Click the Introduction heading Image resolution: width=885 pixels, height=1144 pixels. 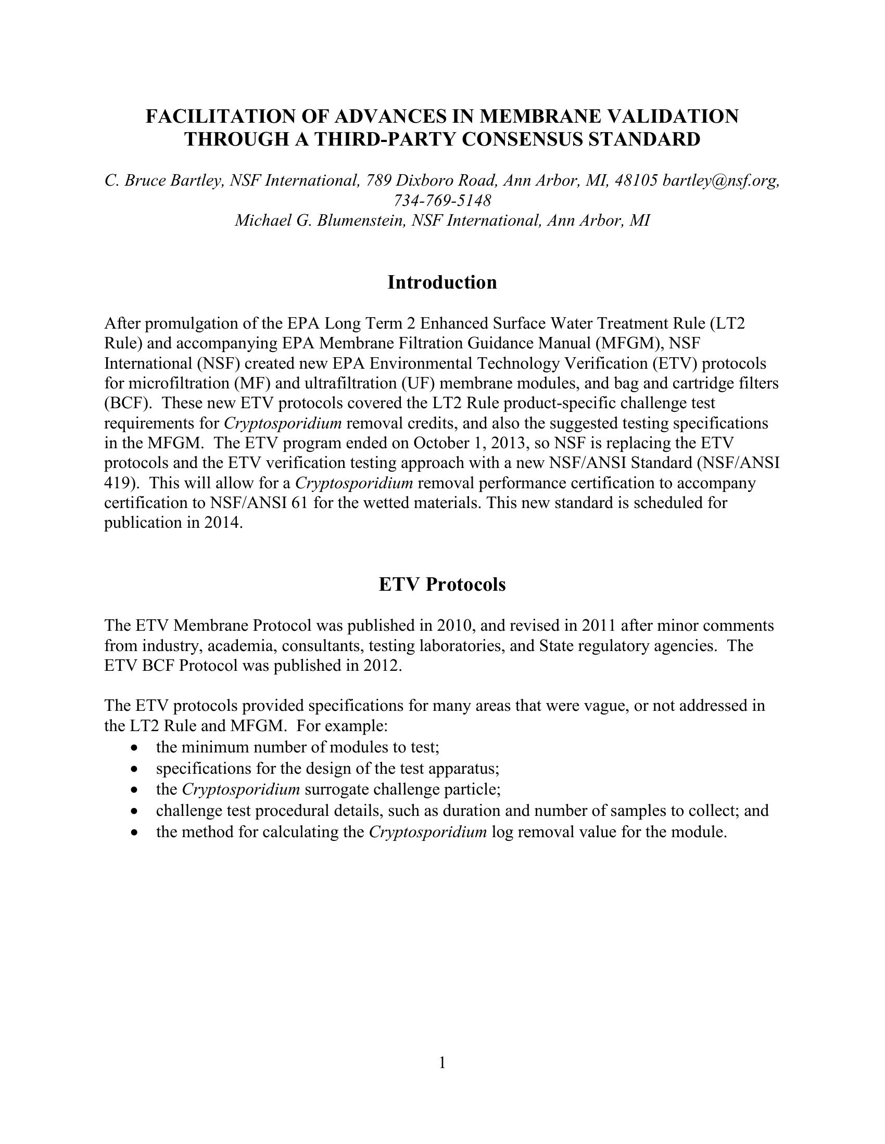pyautogui.click(x=442, y=282)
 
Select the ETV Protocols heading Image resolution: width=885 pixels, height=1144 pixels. pyautogui.click(x=442, y=584)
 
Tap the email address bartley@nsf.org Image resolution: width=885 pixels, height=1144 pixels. pyautogui.click(x=721, y=180)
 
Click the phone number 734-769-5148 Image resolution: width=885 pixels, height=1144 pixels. pyautogui.click(x=442, y=200)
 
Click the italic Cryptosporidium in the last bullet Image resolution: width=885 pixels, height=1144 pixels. pyautogui.click(x=428, y=832)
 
